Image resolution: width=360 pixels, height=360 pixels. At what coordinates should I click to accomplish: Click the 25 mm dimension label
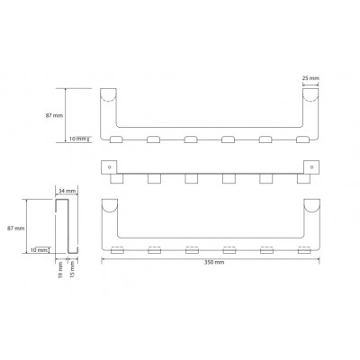point(310,78)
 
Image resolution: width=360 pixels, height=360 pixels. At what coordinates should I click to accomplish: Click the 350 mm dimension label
point(214,262)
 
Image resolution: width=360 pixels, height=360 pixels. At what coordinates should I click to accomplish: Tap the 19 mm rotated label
point(60,270)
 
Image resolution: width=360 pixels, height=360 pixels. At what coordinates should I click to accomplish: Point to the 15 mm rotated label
point(72,269)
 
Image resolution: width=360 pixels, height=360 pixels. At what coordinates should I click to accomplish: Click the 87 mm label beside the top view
point(54,115)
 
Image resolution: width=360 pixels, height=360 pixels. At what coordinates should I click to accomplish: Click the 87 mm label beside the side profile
point(16,229)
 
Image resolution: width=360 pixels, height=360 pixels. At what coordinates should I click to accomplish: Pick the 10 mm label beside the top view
point(77,139)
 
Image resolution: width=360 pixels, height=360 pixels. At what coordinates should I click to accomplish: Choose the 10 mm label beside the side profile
point(39,249)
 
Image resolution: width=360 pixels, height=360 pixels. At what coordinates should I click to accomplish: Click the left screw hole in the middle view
point(110,166)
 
